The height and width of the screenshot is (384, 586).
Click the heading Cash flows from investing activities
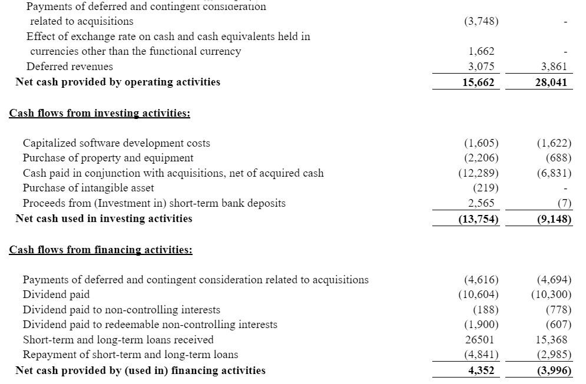[x=100, y=113]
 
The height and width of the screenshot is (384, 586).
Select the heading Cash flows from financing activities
[x=101, y=250]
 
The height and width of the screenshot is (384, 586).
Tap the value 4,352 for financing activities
[x=479, y=370]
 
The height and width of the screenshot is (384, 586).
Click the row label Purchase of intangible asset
[x=88, y=188]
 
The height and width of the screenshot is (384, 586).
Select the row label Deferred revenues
[x=69, y=67]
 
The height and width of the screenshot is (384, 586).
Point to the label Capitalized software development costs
[x=116, y=143]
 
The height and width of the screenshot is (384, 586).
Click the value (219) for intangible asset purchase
[x=486, y=188]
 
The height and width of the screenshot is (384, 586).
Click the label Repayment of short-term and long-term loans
[x=130, y=355]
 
